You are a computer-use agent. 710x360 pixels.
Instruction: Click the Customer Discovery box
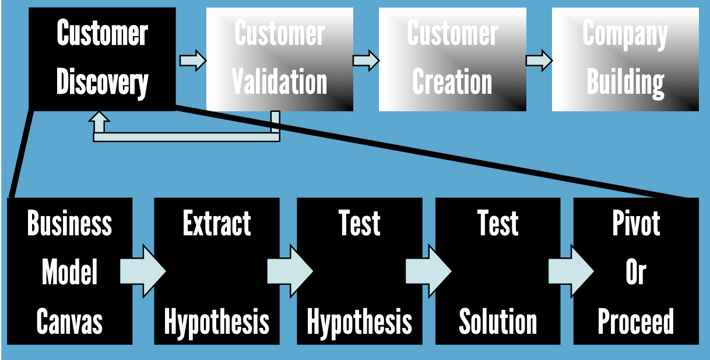coord(102,58)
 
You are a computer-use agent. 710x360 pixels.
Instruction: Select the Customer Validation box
coord(280,58)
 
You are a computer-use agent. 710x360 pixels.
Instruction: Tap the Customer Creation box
coord(452,58)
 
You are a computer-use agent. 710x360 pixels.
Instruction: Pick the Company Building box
coord(625,58)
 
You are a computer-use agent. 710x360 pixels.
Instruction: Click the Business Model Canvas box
coord(69,271)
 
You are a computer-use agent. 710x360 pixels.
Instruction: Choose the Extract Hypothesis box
coord(217,271)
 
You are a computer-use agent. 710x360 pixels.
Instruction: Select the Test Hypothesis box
coord(360,271)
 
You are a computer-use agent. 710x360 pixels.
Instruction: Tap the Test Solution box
coord(498,271)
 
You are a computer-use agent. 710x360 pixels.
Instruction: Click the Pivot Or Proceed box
coord(636,271)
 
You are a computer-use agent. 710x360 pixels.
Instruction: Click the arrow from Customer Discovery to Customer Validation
coord(192,61)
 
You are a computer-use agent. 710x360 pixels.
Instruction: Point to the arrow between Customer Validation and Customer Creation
coord(365,61)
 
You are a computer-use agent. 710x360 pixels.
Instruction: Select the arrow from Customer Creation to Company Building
coord(539,61)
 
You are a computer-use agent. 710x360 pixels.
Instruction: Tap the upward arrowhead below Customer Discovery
coord(100,121)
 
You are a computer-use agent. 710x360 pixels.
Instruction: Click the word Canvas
coord(69,322)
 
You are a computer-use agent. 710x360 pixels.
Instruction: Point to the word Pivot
coord(636,224)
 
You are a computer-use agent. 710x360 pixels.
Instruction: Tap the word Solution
coord(498,322)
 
